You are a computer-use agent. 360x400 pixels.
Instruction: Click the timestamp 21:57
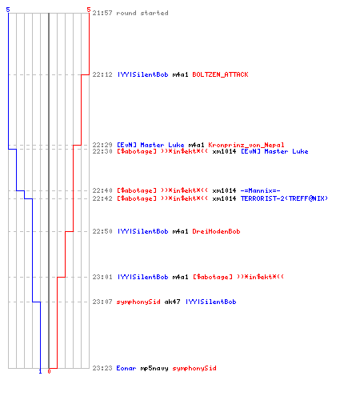point(102,13)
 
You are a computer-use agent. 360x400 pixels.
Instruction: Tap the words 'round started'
point(142,13)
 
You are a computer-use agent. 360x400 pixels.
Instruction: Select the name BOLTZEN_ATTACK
point(220,74)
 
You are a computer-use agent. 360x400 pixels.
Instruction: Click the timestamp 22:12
point(102,74)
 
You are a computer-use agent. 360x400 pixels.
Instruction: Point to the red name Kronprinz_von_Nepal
point(246,145)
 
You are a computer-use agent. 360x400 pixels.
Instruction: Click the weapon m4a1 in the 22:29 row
point(196,145)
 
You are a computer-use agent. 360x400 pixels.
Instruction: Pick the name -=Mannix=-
point(260,190)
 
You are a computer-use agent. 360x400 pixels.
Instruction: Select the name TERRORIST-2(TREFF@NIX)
point(284,198)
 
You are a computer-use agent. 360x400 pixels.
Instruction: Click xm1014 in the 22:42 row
point(224,198)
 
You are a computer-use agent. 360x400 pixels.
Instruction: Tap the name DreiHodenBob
point(216,231)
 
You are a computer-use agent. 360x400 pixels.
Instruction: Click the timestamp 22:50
point(102,231)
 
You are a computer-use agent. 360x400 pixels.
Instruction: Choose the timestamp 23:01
point(102,277)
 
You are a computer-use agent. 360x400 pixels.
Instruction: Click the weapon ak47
point(172,302)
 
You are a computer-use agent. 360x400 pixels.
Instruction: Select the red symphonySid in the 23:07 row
point(138,302)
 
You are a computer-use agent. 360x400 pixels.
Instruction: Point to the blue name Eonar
point(126,368)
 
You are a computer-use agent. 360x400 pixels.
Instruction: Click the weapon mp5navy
point(154,369)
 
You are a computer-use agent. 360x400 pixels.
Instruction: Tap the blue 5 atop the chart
point(8,10)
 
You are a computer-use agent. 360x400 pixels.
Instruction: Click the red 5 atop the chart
point(89,10)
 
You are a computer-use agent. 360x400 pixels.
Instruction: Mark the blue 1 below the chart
point(40,371)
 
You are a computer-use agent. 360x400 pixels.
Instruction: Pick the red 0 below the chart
point(49,371)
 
